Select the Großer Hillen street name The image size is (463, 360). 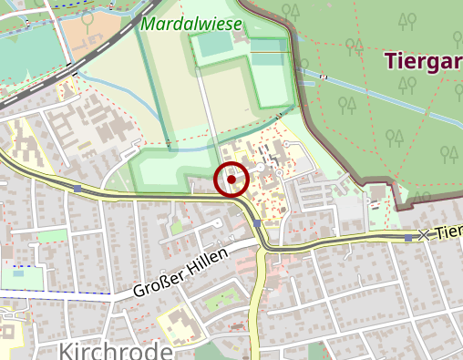[179, 276]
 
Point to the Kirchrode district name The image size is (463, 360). [116, 351]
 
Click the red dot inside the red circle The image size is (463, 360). [231, 180]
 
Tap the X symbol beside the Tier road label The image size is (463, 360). [423, 235]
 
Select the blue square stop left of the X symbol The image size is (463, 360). [406, 238]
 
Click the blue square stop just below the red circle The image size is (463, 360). [258, 223]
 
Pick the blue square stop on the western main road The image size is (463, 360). [78, 189]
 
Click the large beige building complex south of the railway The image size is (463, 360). [100, 128]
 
